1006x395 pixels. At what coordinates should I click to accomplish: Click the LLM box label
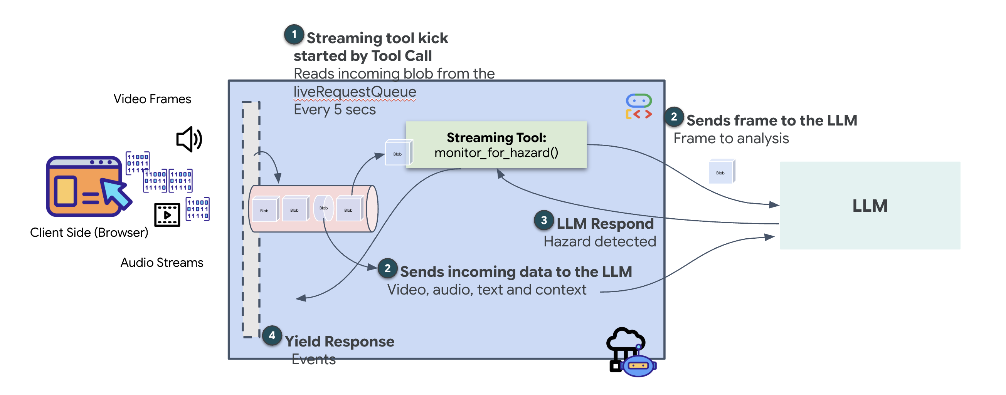tap(869, 206)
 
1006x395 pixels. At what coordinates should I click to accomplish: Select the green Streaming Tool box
tap(496, 145)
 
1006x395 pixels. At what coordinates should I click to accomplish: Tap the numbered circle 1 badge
tap(294, 35)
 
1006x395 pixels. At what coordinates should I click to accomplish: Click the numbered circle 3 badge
tap(543, 220)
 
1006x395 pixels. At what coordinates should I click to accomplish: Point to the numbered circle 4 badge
tap(272, 335)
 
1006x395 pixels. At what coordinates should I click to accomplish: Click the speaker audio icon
tap(189, 139)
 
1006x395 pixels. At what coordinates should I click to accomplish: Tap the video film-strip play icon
tap(167, 214)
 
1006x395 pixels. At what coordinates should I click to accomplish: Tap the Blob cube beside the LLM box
tap(721, 172)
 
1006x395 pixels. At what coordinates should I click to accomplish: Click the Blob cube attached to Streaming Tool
tap(397, 153)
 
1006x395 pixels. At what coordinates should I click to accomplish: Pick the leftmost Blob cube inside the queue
tap(265, 209)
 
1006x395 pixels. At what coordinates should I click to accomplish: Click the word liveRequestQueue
tap(355, 92)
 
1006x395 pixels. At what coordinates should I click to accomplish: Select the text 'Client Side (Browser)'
tap(89, 233)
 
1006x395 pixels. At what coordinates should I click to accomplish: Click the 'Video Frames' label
tap(152, 99)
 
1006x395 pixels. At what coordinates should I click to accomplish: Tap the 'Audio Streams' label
tap(161, 263)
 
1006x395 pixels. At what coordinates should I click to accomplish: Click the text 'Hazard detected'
tap(599, 241)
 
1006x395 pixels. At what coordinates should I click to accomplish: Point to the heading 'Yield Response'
tap(339, 341)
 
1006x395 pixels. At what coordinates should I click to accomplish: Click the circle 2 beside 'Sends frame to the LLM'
tap(674, 117)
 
